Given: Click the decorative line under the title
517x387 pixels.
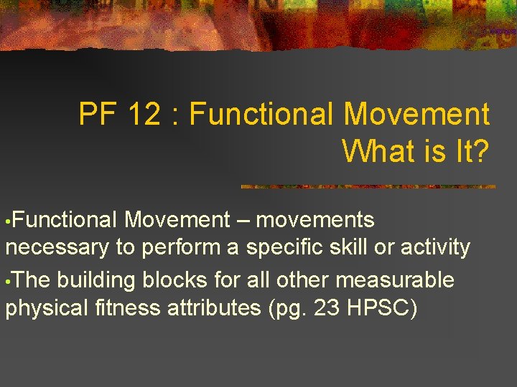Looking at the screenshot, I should (368, 187).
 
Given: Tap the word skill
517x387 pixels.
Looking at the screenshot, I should (353, 248).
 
